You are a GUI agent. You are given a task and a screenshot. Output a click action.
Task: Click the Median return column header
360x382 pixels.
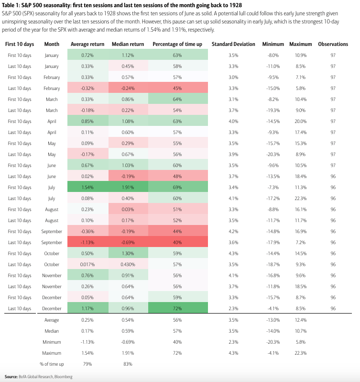click(128, 44)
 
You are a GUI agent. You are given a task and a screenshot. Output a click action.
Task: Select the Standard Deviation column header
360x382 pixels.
click(233, 44)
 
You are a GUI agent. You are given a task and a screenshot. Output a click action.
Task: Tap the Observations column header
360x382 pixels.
click(333, 44)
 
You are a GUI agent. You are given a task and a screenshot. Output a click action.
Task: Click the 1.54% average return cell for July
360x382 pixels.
click(87, 187)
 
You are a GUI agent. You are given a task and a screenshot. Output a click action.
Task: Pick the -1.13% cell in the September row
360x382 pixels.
click(87, 242)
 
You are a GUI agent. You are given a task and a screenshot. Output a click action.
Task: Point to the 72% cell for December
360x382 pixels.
click(177, 308)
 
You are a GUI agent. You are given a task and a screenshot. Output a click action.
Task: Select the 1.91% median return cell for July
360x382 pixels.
click(128, 187)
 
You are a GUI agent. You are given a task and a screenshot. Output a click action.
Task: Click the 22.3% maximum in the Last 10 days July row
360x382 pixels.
click(301, 198)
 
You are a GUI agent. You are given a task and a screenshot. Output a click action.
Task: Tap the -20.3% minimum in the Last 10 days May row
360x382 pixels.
click(273, 154)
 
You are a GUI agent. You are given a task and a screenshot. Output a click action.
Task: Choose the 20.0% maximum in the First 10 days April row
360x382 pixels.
click(301, 121)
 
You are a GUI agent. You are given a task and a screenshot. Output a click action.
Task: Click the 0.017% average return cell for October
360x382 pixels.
click(87, 264)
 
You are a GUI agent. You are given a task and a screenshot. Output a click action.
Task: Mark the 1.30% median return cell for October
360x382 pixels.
click(128, 253)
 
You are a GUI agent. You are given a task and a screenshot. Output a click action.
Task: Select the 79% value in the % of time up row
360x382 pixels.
click(87, 364)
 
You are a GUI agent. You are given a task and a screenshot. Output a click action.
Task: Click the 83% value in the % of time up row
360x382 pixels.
click(128, 364)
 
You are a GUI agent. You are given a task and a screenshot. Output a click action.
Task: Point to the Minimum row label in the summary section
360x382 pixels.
click(52, 342)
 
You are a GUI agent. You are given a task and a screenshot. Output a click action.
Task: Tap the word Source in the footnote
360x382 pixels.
click(11, 377)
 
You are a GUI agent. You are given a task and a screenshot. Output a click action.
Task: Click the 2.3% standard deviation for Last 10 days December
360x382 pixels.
click(233, 308)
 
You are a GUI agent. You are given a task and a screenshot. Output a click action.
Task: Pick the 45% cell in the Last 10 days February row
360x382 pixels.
click(177, 88)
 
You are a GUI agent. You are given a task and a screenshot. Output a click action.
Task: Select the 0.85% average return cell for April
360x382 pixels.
click(87, 121)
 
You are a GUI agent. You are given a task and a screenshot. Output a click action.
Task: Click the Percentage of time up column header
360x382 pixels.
click(177, 44)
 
